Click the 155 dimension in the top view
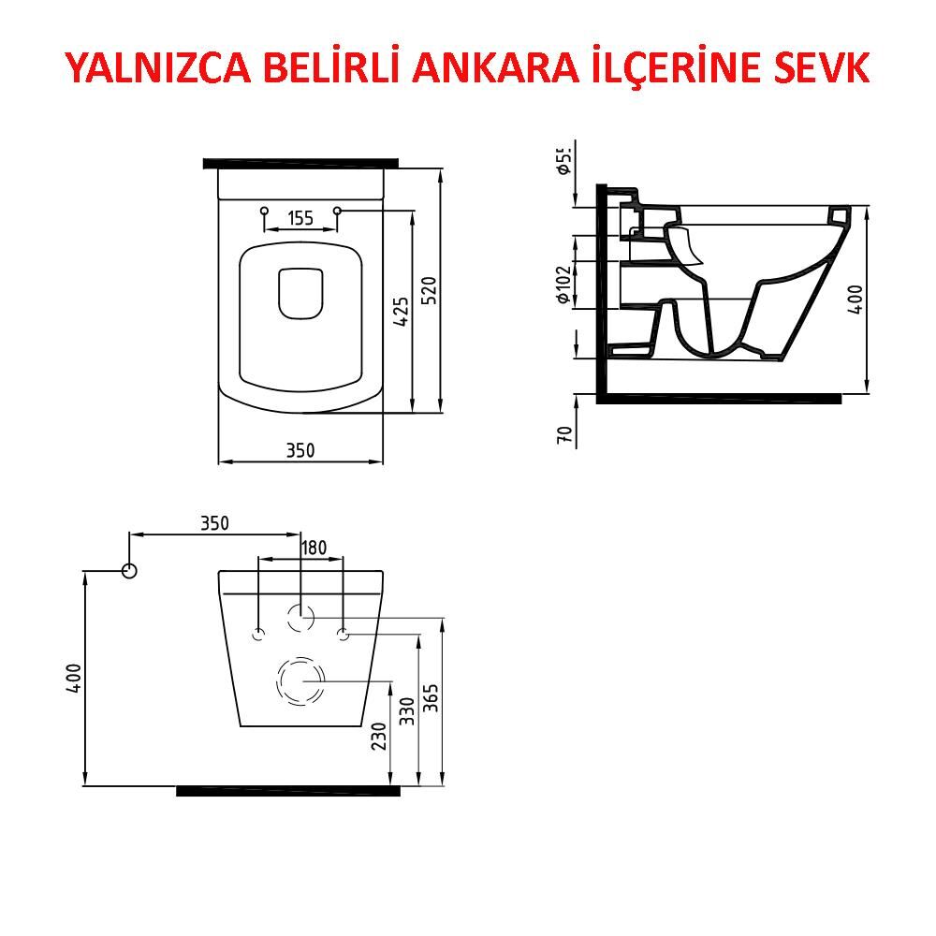(300, 219)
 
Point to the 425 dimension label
(401, 311)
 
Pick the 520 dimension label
(430, 290)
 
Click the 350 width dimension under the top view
(300, 450)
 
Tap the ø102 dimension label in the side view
(563, 285)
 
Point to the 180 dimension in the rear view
(314, 548)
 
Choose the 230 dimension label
(378, 736)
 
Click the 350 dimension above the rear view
(214, 523)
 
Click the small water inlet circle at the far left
(129, 570)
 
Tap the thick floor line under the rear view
(288, 791)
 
